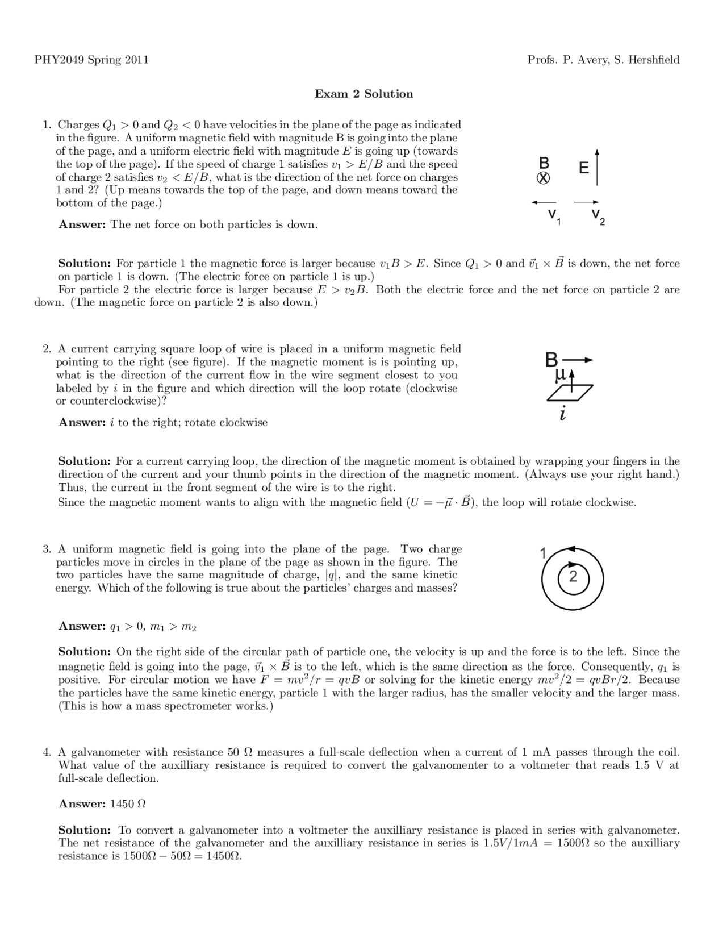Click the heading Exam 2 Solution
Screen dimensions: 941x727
pyautogui.click(x=363, y=94)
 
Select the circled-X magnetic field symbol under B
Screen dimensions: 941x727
pyautogui.click(x=543, y=178)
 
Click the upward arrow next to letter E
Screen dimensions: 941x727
pyautogui.click(x=596, y=168)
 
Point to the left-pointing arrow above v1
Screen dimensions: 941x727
pyautogui.click(x=543, y=202)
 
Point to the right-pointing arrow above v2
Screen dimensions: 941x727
pyautogui.click(x=586, y=202)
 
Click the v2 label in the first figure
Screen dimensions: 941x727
pyautogui.click(x=598, y=216)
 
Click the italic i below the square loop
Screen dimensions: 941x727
pyautogui.click(x=562, y=415)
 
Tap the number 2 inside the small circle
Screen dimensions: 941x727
pyautogui.click(x=573, y=577)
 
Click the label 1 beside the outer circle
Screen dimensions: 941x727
pyautogui.click(x=543, y=553)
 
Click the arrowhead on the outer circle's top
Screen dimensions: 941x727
pyautogui.click(x=571, y=549)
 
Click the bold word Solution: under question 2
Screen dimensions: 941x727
pyautogui.click(x=84, y=461)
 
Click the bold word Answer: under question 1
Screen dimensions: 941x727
pyautogui.click(x=82, y=224)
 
